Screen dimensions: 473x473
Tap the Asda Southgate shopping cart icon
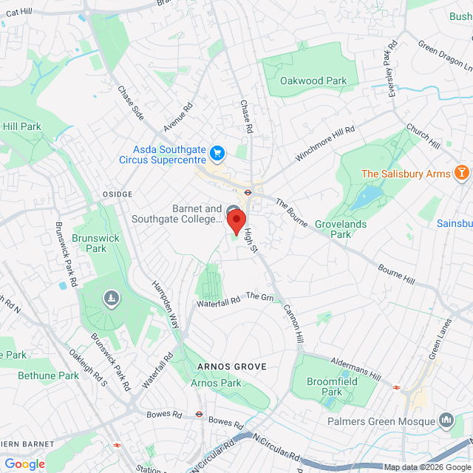pos(217,154)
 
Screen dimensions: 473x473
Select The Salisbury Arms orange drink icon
pos(462,174)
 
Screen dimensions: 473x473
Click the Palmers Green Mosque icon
pos(446,421)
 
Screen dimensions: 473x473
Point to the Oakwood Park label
pos(313,81)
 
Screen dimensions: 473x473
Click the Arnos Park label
pos(216,383)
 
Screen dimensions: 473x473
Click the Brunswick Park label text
pos(90,243)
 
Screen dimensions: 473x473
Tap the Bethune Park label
pos(47,375)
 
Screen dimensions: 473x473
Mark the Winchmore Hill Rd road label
pos(325,144)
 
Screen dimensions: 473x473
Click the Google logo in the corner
pos(24,464)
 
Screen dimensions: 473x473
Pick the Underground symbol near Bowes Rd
pos(199,415)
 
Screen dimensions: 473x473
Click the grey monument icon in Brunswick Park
pos(111,298)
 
